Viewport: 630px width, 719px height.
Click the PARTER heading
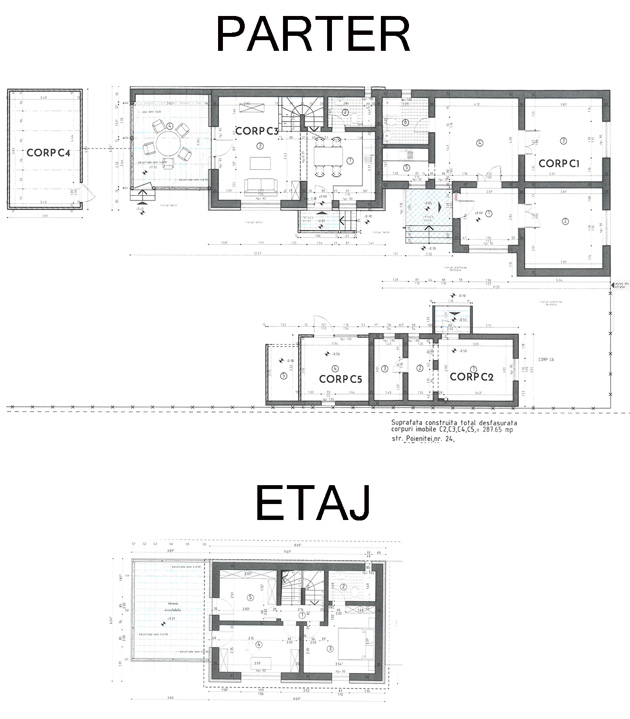click(x=313, y=34)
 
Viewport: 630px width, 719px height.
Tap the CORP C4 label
click(x=48, y=153)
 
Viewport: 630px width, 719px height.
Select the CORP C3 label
click(x=257, y=131)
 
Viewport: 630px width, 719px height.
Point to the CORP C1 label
click(x=559, y=164)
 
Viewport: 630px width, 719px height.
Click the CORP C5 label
click(x=340, y=379)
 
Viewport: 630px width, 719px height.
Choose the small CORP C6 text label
click(x=546, y=360)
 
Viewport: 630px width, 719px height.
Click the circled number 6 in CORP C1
click(x=405, y=123)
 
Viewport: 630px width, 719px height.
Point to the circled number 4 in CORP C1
click(x=480, y=143)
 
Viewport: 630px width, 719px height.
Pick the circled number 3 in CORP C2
click(x=384, y=369)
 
